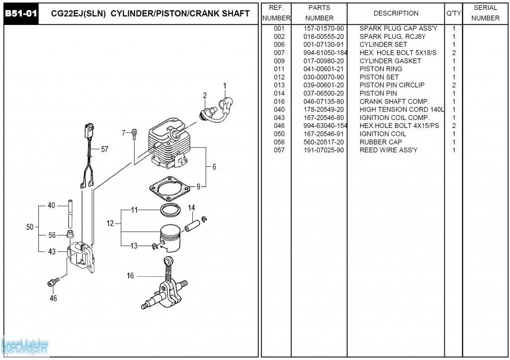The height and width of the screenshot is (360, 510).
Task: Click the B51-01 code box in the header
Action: [x=21, y=13]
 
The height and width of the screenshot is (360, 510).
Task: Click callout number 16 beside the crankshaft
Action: [x=130, y=276]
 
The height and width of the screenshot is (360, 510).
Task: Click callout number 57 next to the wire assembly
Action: [x=105, y=149]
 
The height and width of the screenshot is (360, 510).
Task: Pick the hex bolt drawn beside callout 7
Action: [x=134, y=134]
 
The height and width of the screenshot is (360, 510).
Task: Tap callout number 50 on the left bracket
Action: [x=30, y=227]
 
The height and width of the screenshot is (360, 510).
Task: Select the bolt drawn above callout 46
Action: [x=53, y=282]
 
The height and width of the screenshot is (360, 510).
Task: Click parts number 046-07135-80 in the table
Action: [x=323, y=102]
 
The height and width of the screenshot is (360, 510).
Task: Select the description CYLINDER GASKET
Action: [x=390, y=61]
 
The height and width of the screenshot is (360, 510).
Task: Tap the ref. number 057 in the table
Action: [x=279, y=150]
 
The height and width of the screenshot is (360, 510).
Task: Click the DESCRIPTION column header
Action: [x=395, y=13]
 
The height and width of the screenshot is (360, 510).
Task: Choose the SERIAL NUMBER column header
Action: [x=485, y=13]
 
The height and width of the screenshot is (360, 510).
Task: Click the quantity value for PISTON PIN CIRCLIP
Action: [x=453, y=85]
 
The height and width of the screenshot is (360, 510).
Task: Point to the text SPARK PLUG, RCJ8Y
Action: [x=392, y=36]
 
